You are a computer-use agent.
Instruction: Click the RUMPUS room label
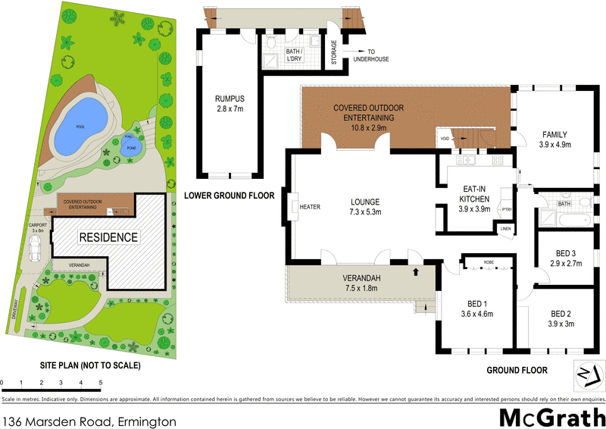pyautogui.click(x=229, y=102)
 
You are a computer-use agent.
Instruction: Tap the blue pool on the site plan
pyautogui.click(x=78, y=126)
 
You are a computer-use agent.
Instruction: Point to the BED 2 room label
pyautogui.click(x=560, y=318)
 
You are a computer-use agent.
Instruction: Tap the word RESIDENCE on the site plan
pyautogui.click(x=110, y=237)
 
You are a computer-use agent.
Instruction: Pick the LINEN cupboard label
pyautogui.click(x=506, y=229)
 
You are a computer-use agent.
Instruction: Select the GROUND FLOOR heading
pyautogui.click(x=517, y=371)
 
